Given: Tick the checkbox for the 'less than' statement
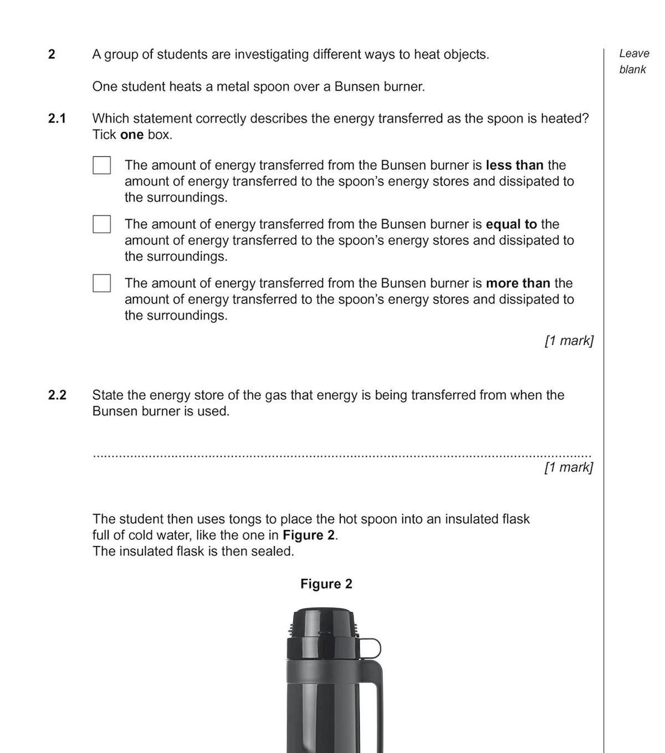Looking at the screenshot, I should (x=101, y=165).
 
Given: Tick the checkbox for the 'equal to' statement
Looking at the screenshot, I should (x=101, y=224).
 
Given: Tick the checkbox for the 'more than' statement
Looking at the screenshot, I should (x=101, y=283).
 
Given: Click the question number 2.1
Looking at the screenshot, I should (x=57, y=119).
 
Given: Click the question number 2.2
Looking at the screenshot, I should (x=57, y=395).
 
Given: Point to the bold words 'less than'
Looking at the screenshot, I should (x=514, y=165).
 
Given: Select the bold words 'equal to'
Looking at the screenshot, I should (x=511, y=225).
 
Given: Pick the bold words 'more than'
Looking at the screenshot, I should (x=518, y=283).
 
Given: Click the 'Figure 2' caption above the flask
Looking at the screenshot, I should (x=326, y=584).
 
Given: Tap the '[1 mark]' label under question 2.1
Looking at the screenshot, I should (x=569, y=340).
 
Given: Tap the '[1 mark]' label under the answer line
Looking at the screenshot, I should (x=569, y=467).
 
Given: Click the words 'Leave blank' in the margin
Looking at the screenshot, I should (x=633, y=62).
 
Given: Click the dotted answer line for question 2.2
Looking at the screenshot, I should (x=342, y=456).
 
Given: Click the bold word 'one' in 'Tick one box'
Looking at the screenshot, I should (x=132, y=135).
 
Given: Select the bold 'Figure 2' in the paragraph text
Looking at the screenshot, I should (x=309, y=536).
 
